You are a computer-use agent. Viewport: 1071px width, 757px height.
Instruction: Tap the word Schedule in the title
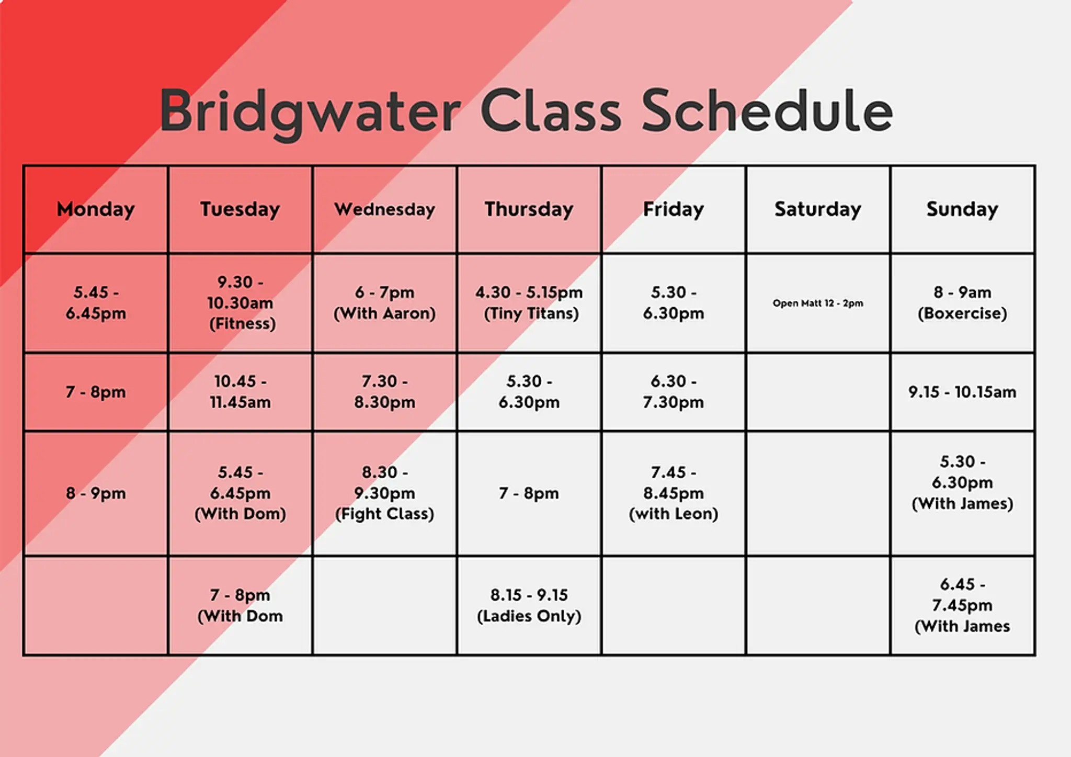(x=767, y=110)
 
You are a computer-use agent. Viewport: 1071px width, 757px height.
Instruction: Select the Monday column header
(x=96, y=209)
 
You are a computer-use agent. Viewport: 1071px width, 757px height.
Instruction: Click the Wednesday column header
(x=385, y=209)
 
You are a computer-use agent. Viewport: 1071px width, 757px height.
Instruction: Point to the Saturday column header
(x=818, y=209)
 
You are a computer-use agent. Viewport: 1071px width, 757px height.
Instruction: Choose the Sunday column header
(x=962, y=209)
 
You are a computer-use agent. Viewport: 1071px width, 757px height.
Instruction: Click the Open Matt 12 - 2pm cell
(x=818, y=303)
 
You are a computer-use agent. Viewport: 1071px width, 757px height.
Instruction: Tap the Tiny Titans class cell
(x=529, y=303)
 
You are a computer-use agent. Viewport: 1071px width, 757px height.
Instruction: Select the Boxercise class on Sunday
(x=962, y=303)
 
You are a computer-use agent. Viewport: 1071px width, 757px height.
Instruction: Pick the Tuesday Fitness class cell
(x=241, y=303)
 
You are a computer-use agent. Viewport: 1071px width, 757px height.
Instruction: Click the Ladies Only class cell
(x=529, y=605)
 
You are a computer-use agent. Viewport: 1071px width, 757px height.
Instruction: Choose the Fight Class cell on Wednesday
(x=385, y=493)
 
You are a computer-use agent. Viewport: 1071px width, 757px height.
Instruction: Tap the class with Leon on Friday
(x=674, y=493)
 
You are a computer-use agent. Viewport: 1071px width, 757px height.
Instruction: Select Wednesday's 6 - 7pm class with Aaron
(x=385, y=303)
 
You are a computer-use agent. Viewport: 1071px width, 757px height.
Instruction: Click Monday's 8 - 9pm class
(x=96, y=493)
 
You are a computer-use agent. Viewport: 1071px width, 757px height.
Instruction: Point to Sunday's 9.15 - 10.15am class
(x=962, y=392)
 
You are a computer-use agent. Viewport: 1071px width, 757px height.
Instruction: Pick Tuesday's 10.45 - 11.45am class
(x=241, y=392)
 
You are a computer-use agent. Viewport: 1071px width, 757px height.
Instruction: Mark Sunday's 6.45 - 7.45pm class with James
(x=962, y=605)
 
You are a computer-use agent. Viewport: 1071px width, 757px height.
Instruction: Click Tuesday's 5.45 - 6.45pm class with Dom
(x=241, y=493)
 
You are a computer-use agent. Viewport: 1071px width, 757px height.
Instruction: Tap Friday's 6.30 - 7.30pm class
(x=674, y=392)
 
